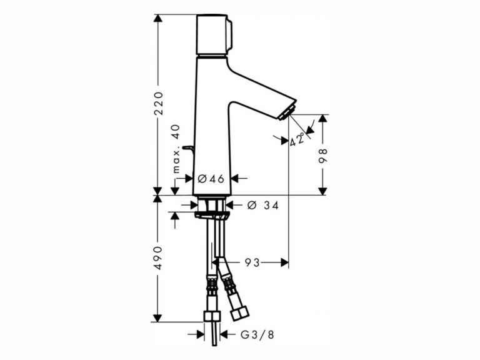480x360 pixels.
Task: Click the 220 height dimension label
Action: point(158,102)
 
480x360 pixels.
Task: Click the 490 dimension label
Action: point(158,257)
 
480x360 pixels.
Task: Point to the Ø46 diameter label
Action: point(211,179)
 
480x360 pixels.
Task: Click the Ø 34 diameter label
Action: point(262,205)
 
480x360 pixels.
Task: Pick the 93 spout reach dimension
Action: point(252,263)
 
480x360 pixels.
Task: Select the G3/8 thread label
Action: point(257,334)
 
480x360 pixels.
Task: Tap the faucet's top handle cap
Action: point(214,35)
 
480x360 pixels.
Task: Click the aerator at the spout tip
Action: point(286,113)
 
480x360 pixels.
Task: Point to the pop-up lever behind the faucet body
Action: point(187,148)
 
